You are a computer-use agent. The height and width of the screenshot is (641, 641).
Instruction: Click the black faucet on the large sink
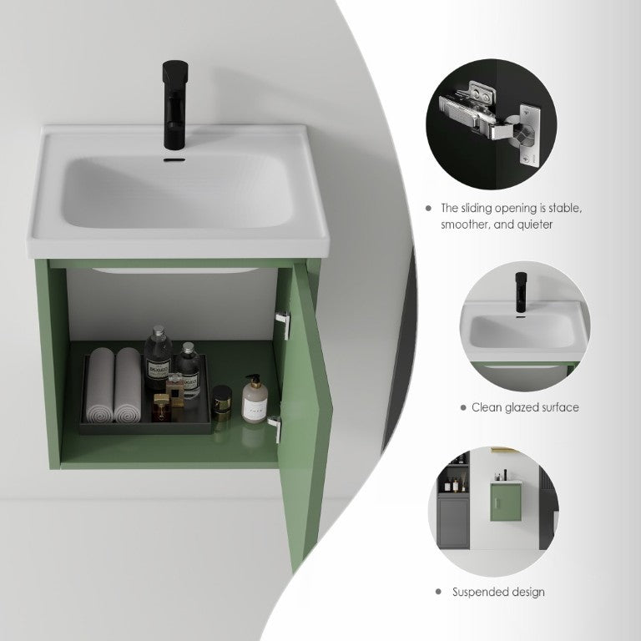tap(175, 104)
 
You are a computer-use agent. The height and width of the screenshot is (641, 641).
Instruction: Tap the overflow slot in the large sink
tap(174, 159)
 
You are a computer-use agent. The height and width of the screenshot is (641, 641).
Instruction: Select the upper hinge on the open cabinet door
tap(283, 324)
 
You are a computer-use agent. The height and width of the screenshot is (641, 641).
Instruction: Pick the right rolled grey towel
tap(128, 385)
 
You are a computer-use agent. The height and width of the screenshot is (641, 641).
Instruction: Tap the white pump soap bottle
tap(255, 399)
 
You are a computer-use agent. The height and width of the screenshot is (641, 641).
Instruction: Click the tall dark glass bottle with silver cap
tap(158, 359)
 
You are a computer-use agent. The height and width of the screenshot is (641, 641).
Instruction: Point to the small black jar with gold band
tap(222, 403)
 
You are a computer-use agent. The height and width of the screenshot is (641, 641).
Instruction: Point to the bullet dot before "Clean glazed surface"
tap(463, 407)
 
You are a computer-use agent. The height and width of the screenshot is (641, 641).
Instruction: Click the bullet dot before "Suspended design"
tap(439, 592)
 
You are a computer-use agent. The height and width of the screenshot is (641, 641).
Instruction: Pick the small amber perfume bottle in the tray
tap(161, 407)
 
